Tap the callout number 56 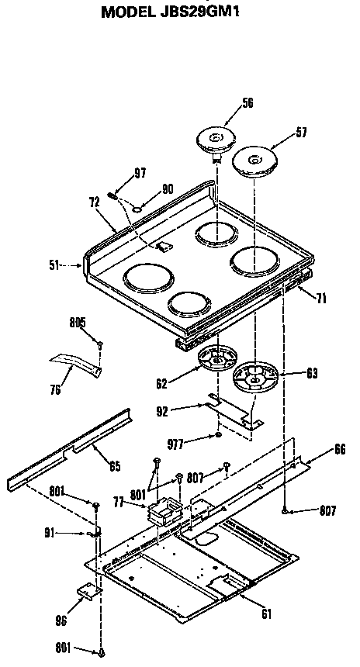pyautogui.click(x=226, y=102)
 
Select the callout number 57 pyautogui.click(x=300, y=133)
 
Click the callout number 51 pyautogui.click(x=53, y=265)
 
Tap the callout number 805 pyautogui.click(x=77, y=323)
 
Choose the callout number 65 pyautogui.click(x=114, y=466)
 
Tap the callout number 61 pyautogui.click(x=266, y=615)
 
